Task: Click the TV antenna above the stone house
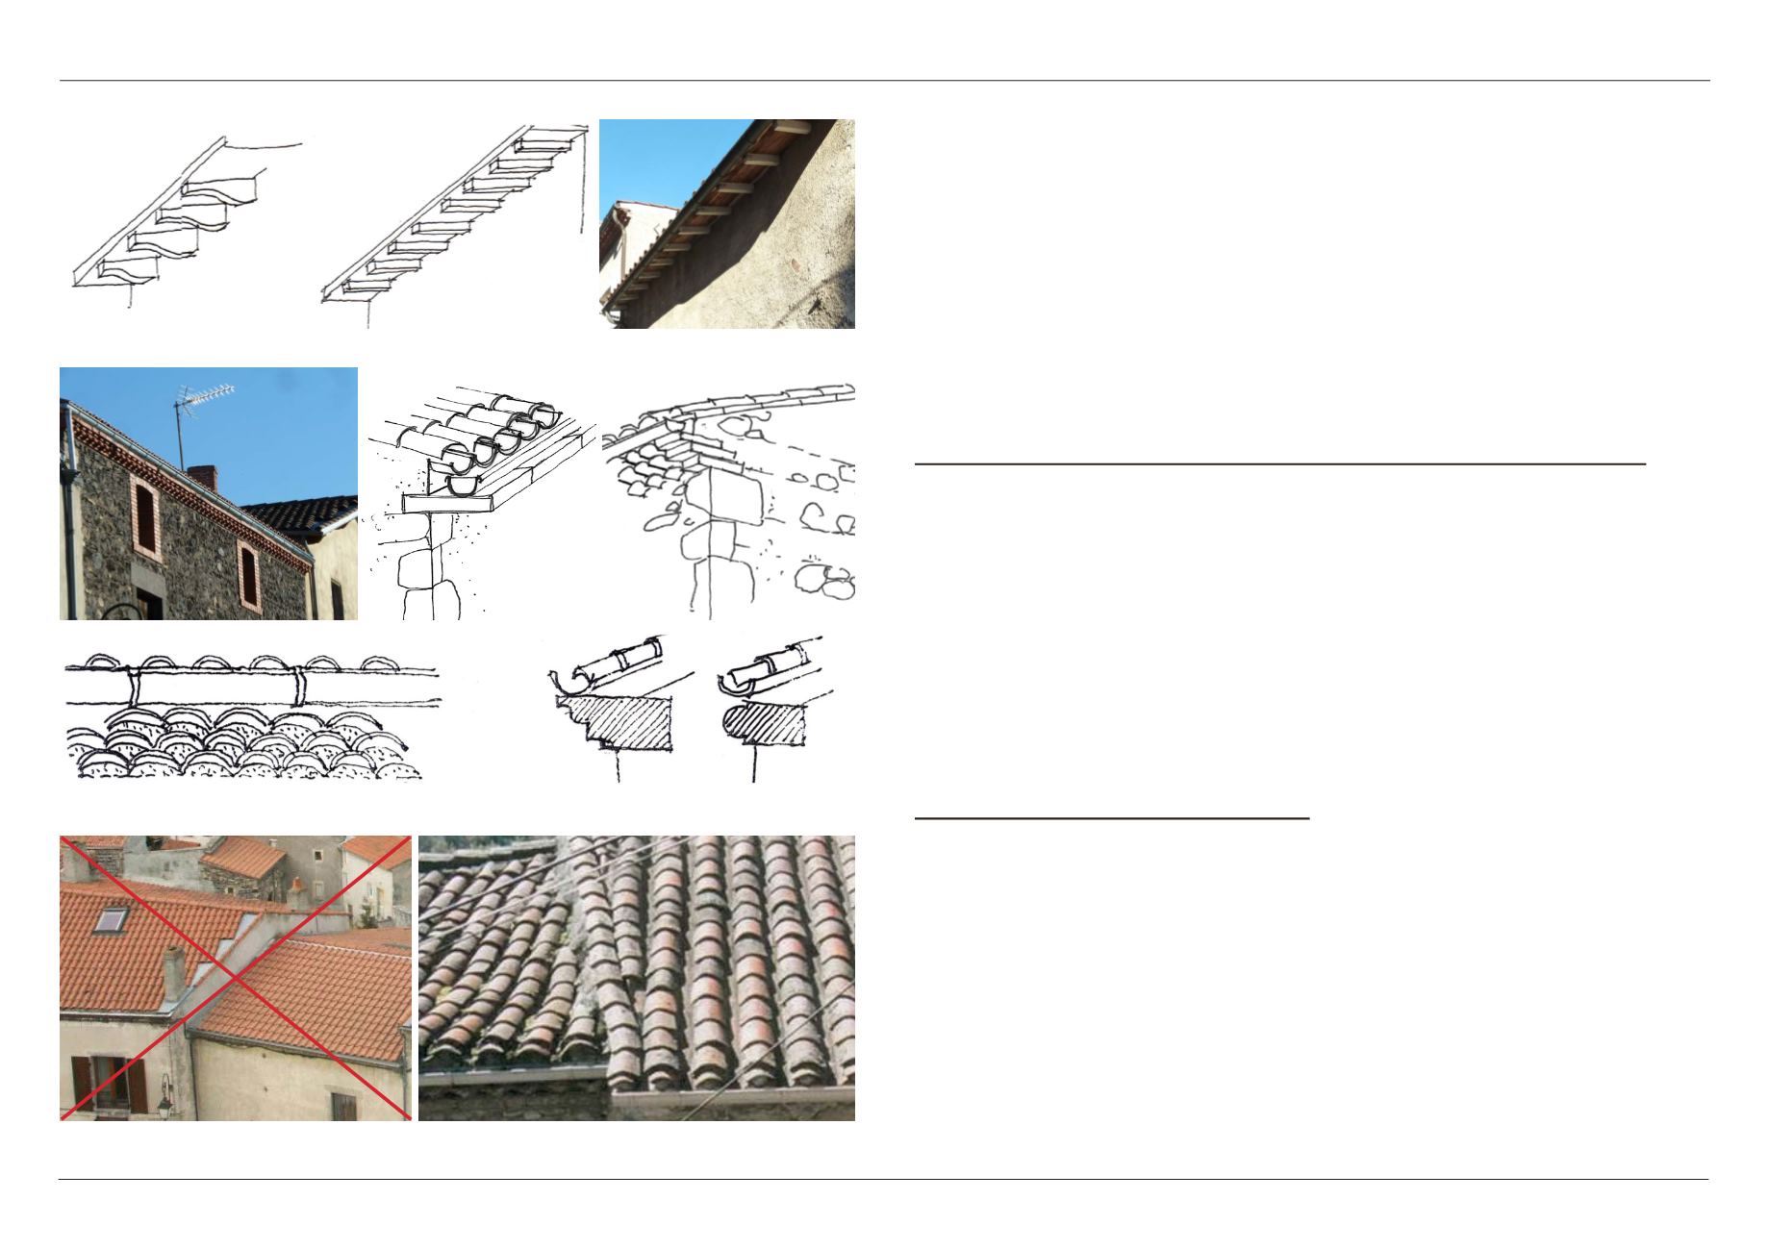(x=204, y=395)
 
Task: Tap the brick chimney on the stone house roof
(x=201, y=476)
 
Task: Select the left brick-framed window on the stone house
(x=145, y=515)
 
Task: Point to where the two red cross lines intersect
(x=236, y=977)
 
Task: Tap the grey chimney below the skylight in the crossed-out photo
(x=173, y=973)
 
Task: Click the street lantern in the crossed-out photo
(x=164, y=1106)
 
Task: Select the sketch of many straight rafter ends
(x=452, y=216)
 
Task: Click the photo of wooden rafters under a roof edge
(x=726, y=223)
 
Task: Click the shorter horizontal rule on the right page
(x=1112, y=818)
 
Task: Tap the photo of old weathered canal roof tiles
(x=637, y=977)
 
